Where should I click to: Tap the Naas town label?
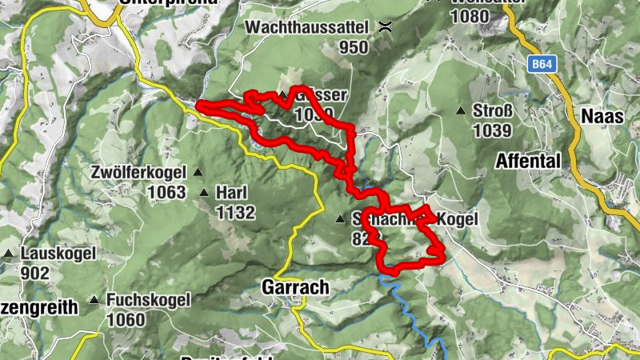(597, 117)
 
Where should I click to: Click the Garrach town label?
(284, 288)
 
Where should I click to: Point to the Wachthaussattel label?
(307, 27)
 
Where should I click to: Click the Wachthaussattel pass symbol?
(386, 26)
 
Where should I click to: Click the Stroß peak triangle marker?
(461, 110)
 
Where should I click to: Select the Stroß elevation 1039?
(492, 130)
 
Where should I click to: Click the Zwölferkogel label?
(138, 172)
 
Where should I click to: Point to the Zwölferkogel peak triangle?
(197, 172)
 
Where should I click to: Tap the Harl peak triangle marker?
(205, 193)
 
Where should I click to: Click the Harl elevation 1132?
(235, 213)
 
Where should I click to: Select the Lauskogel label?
(58, 254)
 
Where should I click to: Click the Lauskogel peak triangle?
(8, 254)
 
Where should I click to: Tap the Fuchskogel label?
(148, 300)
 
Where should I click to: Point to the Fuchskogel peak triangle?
(94, 301)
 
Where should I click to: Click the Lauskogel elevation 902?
(35, 274)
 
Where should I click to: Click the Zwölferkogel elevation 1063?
(166, 192)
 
